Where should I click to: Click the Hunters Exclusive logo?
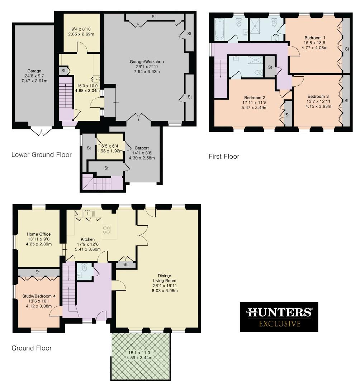click(279, 316)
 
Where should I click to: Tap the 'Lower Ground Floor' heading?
click(41, 155)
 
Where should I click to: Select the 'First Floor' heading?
click(224, 156)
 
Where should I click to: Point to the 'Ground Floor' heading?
click(32, 348)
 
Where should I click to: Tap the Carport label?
click(142, 148)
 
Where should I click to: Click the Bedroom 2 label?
click(255, 97)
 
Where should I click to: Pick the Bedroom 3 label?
click(318, 96)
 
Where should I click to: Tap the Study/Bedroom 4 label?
click(37, 296)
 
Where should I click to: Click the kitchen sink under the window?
click(88, 214)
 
